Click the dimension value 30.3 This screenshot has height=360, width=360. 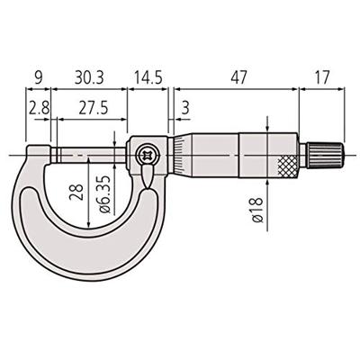point(89,78)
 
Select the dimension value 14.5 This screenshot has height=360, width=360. point(147,78)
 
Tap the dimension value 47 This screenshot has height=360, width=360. point(236,78)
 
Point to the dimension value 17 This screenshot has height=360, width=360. point(324,78)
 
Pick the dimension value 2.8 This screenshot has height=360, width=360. point(38,106)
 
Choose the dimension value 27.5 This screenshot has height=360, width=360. point(88,106)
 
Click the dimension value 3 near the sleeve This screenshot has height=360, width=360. point(185,107)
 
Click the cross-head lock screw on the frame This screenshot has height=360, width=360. point(147,156)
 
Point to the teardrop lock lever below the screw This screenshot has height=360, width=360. point(147,179)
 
